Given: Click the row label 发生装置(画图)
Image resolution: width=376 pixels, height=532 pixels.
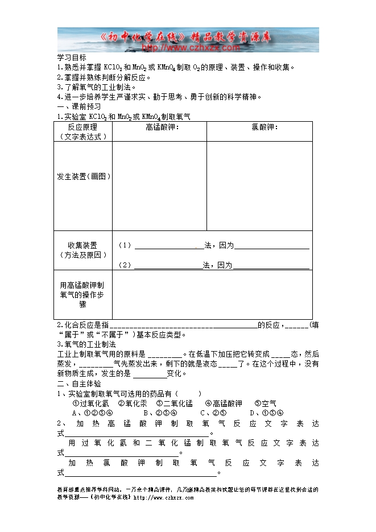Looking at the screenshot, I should [x=84, y=176].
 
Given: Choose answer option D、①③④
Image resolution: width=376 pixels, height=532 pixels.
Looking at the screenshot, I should [x=266, y=413].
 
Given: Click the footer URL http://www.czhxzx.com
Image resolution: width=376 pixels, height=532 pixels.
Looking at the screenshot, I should [x=170, y=497].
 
